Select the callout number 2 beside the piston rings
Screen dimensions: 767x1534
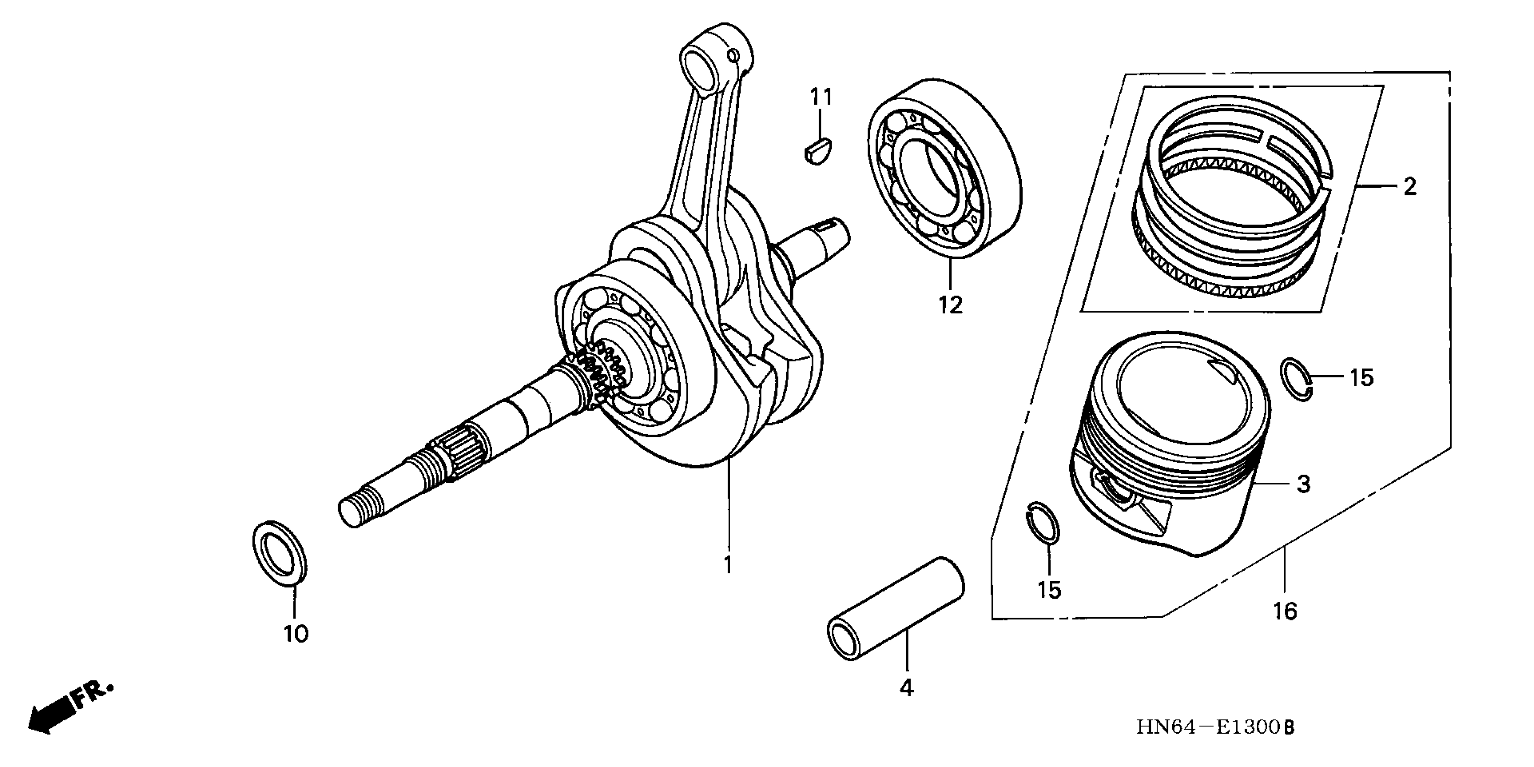coord(1409,187)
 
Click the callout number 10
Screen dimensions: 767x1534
coord(296,633)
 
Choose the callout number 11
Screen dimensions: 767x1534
coord(820,97)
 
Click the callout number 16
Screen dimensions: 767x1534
coord(1285,611)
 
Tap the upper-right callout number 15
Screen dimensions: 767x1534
coord(1361,378)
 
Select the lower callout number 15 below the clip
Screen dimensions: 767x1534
coord(1049,590)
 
